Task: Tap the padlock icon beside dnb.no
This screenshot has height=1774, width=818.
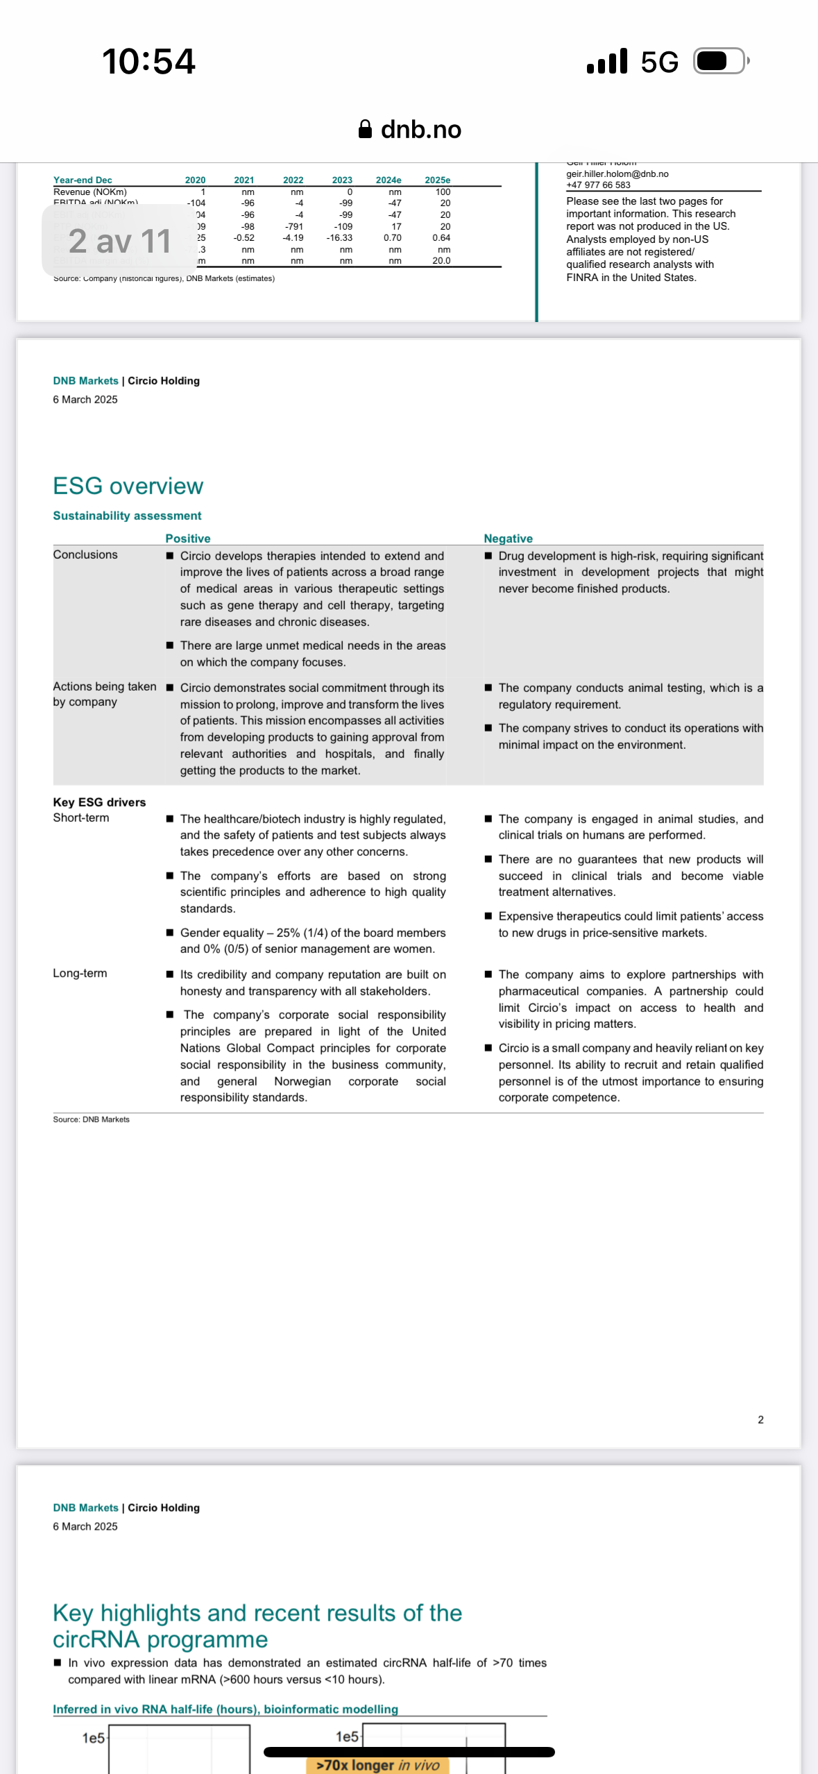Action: pos(365,129)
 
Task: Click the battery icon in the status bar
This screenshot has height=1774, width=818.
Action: pos(721,62)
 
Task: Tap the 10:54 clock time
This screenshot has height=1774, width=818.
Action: pos(148,61)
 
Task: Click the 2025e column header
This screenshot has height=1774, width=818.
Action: pos(437,180)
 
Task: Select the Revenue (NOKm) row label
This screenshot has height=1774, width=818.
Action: pos(90,192)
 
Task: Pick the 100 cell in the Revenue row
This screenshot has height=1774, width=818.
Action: pos(443,192)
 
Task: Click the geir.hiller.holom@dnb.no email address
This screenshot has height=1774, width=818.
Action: pos(617,174)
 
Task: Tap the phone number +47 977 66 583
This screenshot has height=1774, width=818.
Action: pos(598,185)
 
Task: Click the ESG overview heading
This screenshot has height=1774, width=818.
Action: pos(128,486)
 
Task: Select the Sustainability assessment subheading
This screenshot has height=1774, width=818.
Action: pos(127,516)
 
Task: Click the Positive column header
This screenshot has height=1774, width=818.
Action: pos(188,538)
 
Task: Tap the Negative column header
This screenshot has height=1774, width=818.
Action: pos(508,538)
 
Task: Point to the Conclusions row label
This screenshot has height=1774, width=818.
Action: pos(85,555)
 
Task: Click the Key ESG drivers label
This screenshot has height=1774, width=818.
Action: pos(99,802)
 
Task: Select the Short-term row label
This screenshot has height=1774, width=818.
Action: pos(81,818)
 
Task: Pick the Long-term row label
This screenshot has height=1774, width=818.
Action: pos(80,973)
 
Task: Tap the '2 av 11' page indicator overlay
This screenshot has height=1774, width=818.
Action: pos(119,241)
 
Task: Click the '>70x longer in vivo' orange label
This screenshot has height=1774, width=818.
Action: pos(377,1765)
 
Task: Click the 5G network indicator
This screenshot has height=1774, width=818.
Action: pos(659,62)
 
